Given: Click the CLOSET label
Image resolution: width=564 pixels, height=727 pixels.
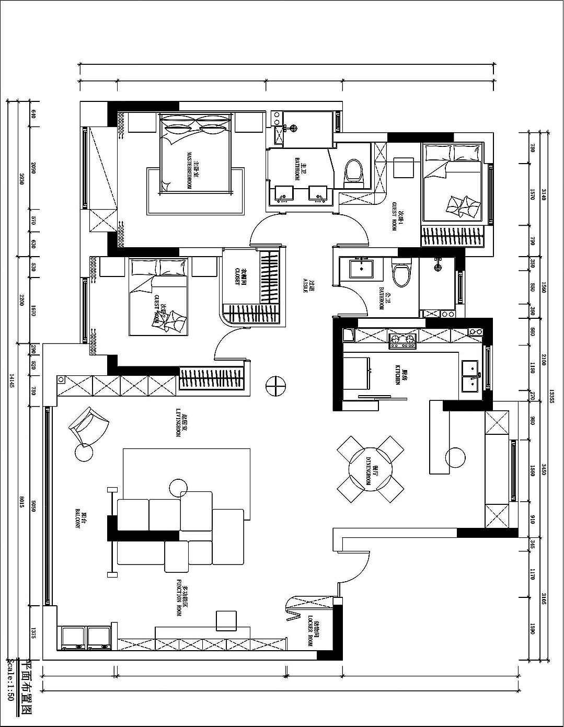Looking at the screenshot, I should click(237, 276).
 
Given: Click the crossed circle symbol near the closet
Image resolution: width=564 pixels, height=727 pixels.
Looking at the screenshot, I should click(275, 386).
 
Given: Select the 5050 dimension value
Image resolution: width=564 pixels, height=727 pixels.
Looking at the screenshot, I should click(33, 506).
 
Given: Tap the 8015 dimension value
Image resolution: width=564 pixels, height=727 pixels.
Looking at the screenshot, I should click(22, 506).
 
